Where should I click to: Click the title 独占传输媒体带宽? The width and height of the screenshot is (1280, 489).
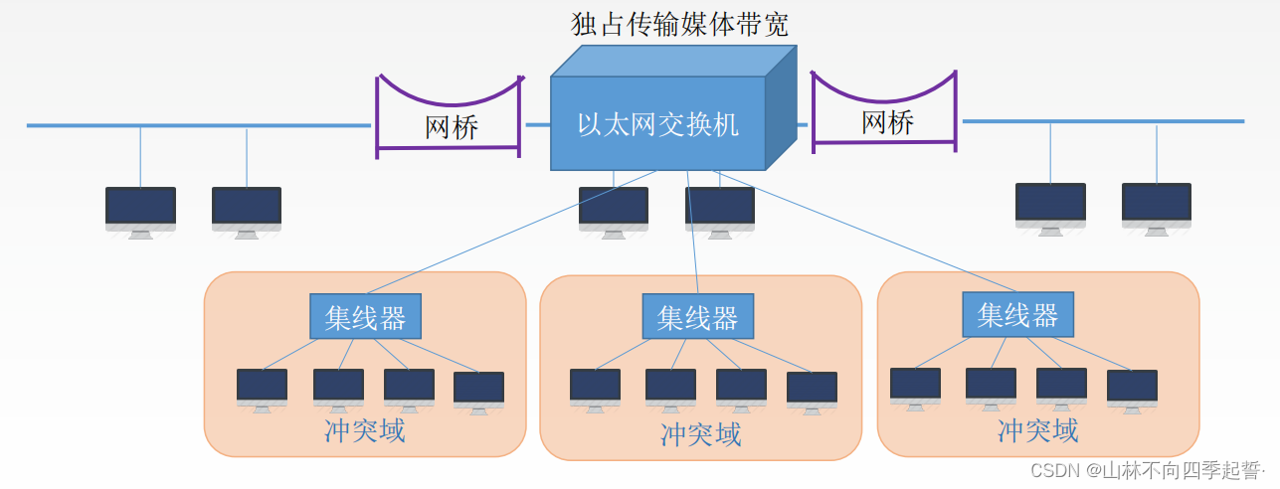679,24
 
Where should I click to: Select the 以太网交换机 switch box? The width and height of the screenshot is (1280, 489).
658,123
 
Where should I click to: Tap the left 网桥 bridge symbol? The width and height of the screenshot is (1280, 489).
450,125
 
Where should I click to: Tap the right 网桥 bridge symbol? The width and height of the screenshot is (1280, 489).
885,121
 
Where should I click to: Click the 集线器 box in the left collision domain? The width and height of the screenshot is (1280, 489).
365,317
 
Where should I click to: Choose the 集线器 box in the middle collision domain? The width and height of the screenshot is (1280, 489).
697,317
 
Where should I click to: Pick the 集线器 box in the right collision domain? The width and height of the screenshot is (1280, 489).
1017,315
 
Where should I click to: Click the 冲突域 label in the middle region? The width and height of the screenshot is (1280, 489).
700,434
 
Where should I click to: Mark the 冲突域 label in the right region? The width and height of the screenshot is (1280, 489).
1037,430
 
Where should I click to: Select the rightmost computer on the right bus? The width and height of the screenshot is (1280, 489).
1156,206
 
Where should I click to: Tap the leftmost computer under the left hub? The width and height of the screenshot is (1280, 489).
262,388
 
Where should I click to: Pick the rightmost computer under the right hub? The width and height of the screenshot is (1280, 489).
1132,388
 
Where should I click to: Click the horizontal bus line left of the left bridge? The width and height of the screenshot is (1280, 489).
199,126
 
